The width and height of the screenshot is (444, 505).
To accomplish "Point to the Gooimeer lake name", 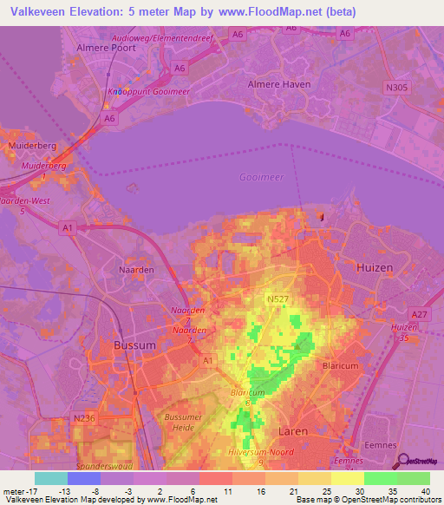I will click(259, 177).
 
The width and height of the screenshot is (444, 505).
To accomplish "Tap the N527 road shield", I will click(277, 299).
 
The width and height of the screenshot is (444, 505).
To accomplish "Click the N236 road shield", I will click(83, 419).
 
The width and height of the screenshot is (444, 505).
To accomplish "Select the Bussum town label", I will click(134, 345).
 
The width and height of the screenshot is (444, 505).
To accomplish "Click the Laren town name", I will click(293, 430).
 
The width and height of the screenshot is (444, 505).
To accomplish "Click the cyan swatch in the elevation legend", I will click(49, 477).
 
